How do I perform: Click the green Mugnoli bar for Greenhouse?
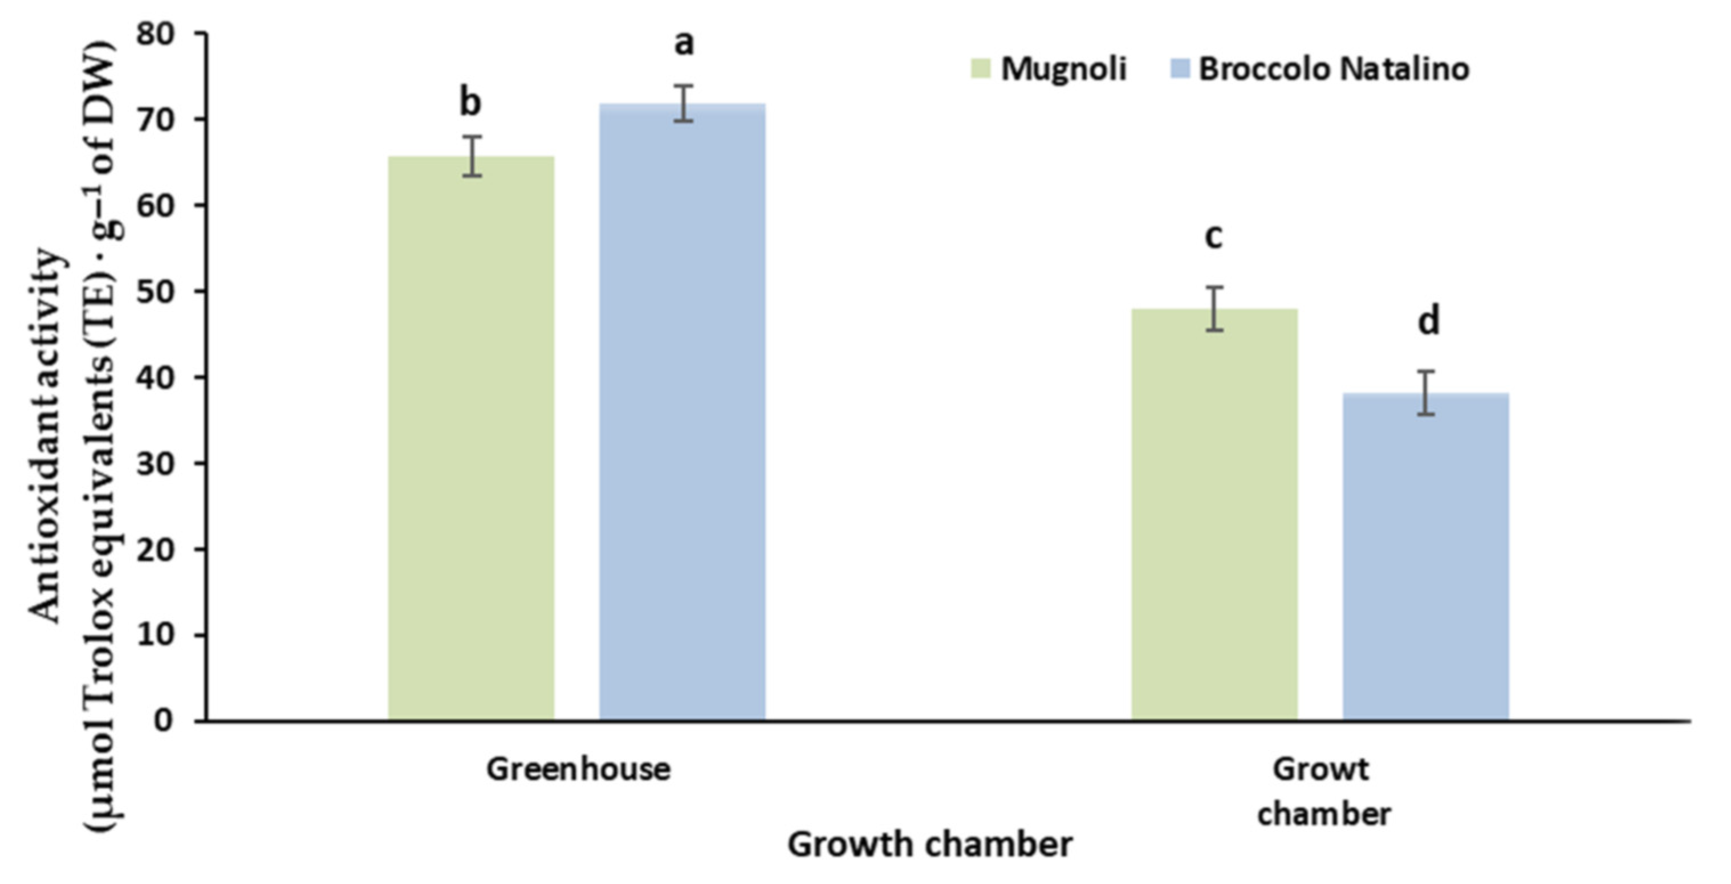tap(471, 437)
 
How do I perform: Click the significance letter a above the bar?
tap(684, 44)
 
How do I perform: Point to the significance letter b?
tap(470, 103)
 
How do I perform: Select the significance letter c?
tap(1213, 237)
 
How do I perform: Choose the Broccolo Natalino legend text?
tap(1334, 69)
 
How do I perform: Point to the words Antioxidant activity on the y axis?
tap(47, 437)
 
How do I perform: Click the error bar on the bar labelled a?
tap(684, 104)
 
